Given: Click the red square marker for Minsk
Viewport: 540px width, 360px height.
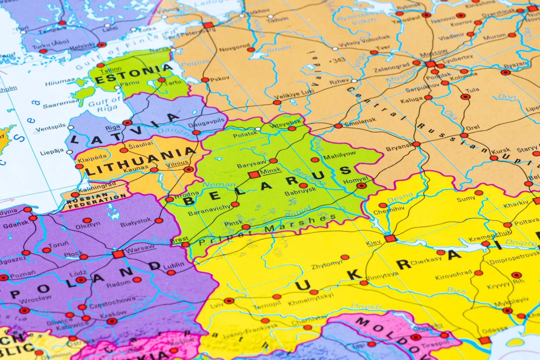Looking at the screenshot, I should coord(254,175).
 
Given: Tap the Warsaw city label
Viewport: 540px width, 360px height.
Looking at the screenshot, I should coord(140,249).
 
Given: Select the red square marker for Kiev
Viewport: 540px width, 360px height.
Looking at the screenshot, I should coord(390,238).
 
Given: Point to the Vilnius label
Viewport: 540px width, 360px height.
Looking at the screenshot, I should coord(177,164).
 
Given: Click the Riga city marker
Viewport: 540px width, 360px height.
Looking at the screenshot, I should coord(127,123).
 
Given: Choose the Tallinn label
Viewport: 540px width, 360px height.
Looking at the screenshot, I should coord(110,70).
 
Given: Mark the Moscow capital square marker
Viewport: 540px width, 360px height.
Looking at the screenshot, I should coord(430,64).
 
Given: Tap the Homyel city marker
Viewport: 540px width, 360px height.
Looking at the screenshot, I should coord(361,186).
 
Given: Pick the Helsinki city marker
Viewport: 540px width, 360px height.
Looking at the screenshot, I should coord(101,45).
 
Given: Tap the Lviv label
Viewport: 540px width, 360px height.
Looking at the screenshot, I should coord(216,305).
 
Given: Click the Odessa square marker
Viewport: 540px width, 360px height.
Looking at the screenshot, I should coord(484,340).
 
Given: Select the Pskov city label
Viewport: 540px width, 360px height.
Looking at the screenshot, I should coord(220,79).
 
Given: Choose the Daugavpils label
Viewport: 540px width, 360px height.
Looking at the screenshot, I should coord(206,123).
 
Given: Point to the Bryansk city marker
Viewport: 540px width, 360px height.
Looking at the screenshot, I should coord(416,144).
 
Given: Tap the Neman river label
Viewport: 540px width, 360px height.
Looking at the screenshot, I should coord(219,184).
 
